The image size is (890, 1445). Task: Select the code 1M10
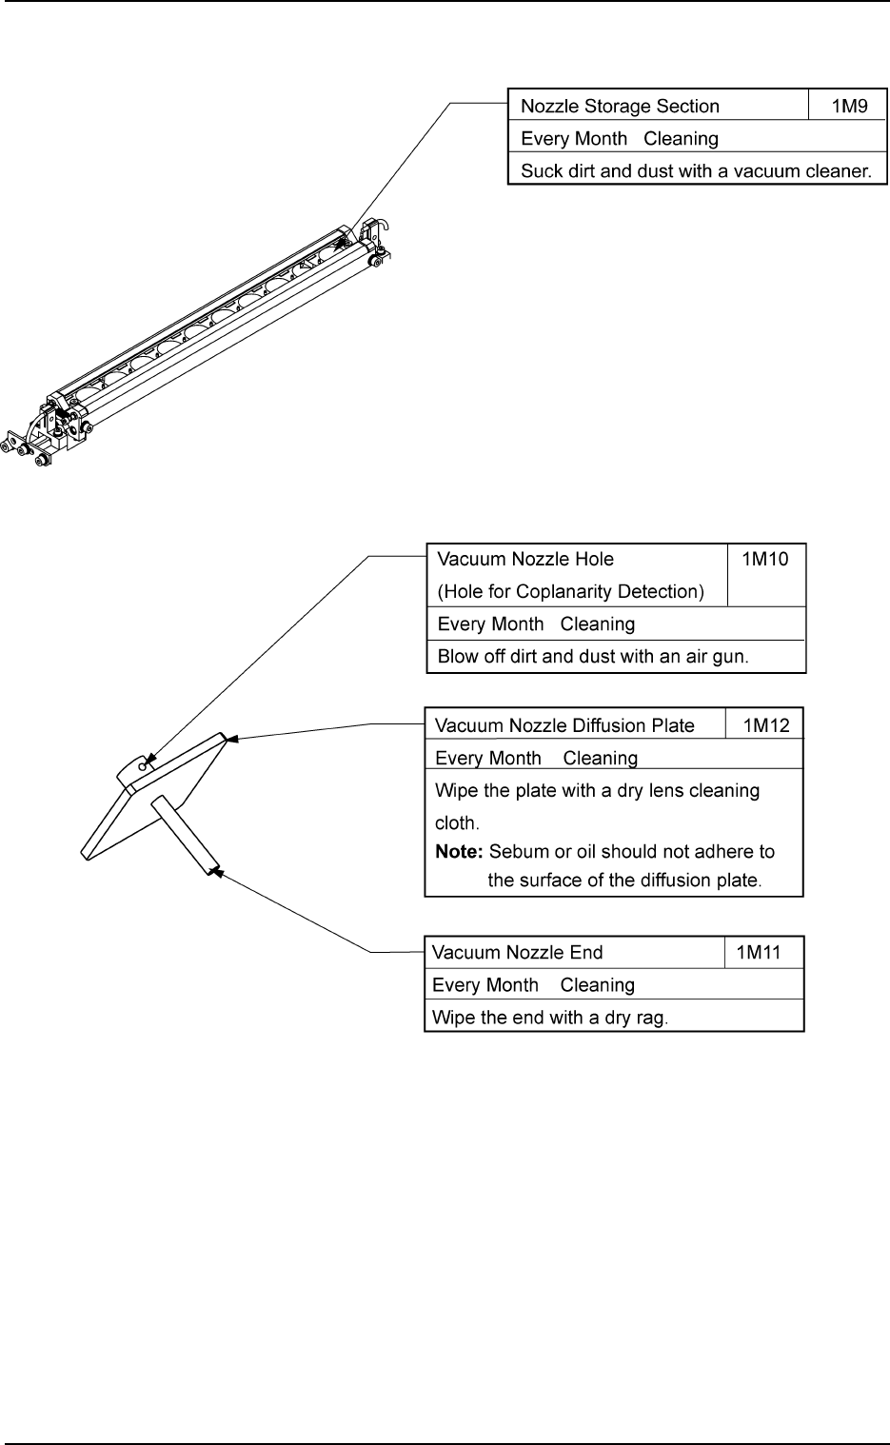(x=765, y=559)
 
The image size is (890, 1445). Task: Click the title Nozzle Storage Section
(x=620, y=107)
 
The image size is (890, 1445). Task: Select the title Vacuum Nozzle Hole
(x=525, y=560)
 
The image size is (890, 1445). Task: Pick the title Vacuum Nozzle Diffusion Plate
(x=564, y=726)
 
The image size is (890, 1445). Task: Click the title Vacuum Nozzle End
(x=518, y=953)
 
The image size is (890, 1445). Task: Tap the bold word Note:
(x=459, y=852)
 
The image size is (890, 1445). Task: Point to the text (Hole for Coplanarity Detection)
(x=571, y=592)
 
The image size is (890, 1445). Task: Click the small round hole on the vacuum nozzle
(x=143, y=764)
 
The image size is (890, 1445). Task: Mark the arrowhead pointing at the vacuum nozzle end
(x=216, y=869)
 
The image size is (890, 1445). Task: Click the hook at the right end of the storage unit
(x=383, y=227)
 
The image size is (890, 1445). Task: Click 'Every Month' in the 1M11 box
(x=485, y=985)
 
